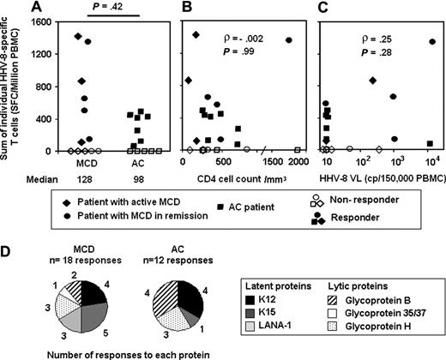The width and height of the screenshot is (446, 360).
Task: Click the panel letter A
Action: pos(60,8)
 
